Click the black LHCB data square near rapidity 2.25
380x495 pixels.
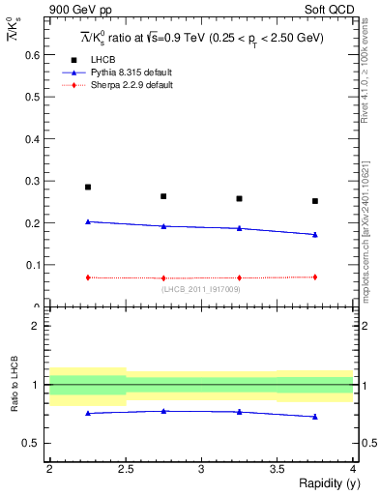coord(88,187)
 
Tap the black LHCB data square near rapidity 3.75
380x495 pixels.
coord(315,201)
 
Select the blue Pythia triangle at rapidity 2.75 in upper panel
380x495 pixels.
coord(163,226)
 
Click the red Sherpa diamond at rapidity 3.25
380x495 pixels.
coord(239,277)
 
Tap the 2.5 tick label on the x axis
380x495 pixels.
coord(126,469)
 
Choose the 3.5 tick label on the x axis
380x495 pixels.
coord(278,469)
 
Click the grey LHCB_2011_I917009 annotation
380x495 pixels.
coord(201,289)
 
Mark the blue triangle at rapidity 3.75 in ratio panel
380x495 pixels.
coord(315,417)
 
